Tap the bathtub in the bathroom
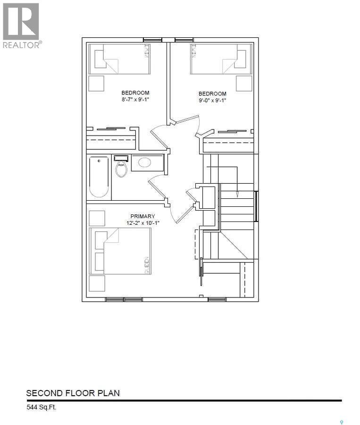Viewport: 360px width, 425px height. click(x=99, y=177)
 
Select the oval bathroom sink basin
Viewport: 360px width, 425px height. click(x=144, y=163)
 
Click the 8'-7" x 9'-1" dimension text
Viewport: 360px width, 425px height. click(x=135, y=99)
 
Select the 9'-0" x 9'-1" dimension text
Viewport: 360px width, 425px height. click(x=212, y=100)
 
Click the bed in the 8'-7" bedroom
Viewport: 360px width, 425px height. click(x=120, y=59)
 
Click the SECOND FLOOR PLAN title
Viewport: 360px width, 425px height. click(x=73, y=393)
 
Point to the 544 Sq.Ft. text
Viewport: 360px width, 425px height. click(x=41, y=407)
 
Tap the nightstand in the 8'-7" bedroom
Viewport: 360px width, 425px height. click(x=97, y=83)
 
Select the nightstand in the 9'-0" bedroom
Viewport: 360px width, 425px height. click(x=244, y=83)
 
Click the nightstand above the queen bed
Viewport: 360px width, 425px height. click(x=97, y=218)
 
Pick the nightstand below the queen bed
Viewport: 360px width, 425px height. click(x=97, y=283)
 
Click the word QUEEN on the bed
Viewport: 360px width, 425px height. click(x=147, y=264)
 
